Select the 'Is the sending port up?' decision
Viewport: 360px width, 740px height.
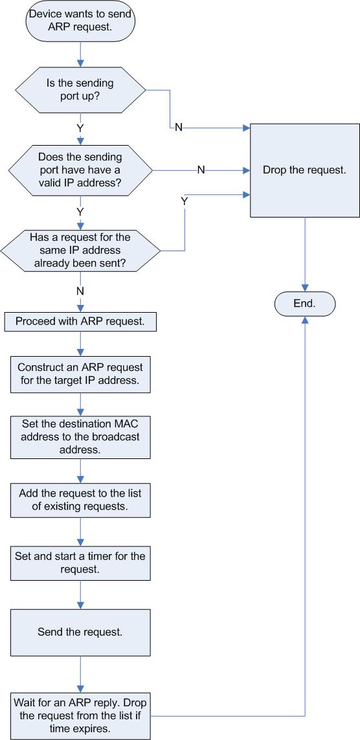pos(80,89)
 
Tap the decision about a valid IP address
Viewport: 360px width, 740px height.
pos(80,170)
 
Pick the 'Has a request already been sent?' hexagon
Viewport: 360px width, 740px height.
pos(80,250)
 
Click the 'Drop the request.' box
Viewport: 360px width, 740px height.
pos(305,170)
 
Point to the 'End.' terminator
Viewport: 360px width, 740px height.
pos(305,304)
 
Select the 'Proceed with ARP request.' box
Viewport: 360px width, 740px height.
pos(80,322)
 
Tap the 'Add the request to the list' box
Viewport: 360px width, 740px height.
pos(80,500)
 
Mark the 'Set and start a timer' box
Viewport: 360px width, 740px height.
pos(80,563)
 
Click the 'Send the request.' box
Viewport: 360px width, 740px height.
pos(80,633)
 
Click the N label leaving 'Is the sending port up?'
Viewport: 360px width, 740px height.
pos(179,128)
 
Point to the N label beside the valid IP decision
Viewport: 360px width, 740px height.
pos(201,170)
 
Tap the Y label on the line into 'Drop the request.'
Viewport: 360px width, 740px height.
pos(184,201)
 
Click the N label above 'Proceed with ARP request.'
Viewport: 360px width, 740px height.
pos(80,291)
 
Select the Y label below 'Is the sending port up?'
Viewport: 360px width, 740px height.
pos(80,128)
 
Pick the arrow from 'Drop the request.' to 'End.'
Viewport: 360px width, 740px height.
pos(305,255)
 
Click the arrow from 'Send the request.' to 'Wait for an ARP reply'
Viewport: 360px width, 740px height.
pos(80,674)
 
